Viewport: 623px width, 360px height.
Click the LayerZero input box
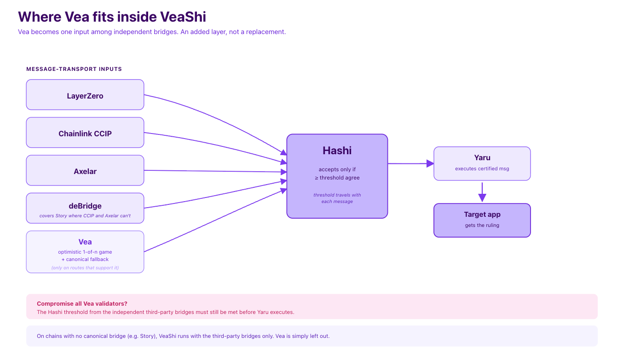pos(85,94)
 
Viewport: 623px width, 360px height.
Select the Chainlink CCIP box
pos(85,133)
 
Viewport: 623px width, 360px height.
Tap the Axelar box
pos(85,170)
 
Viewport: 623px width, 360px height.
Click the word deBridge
pos(85,206)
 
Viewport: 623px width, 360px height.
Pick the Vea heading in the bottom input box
pos(85,242)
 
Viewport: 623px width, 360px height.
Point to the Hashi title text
pos(337,151)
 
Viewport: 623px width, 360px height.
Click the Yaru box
pos(482,163)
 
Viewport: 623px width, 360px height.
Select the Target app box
pos(482,221)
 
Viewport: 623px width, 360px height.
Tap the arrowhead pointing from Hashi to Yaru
pos(430,163)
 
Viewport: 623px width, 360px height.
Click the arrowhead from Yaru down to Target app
pos(482,198)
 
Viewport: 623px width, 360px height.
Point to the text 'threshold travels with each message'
pos(337,198)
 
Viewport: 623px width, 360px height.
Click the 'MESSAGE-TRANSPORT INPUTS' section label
pos(74,69)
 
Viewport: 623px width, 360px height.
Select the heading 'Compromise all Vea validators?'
pos(82,303)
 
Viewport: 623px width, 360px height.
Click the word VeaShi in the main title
pos(183,17)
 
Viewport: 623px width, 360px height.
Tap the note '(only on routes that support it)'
pos(85,267)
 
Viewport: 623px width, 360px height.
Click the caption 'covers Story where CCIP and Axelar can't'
pos(85,215)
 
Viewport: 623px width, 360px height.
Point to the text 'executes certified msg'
pos(482,168)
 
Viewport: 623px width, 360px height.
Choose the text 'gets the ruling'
pos(482,226)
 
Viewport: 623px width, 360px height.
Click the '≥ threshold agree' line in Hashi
pos(337,178)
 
